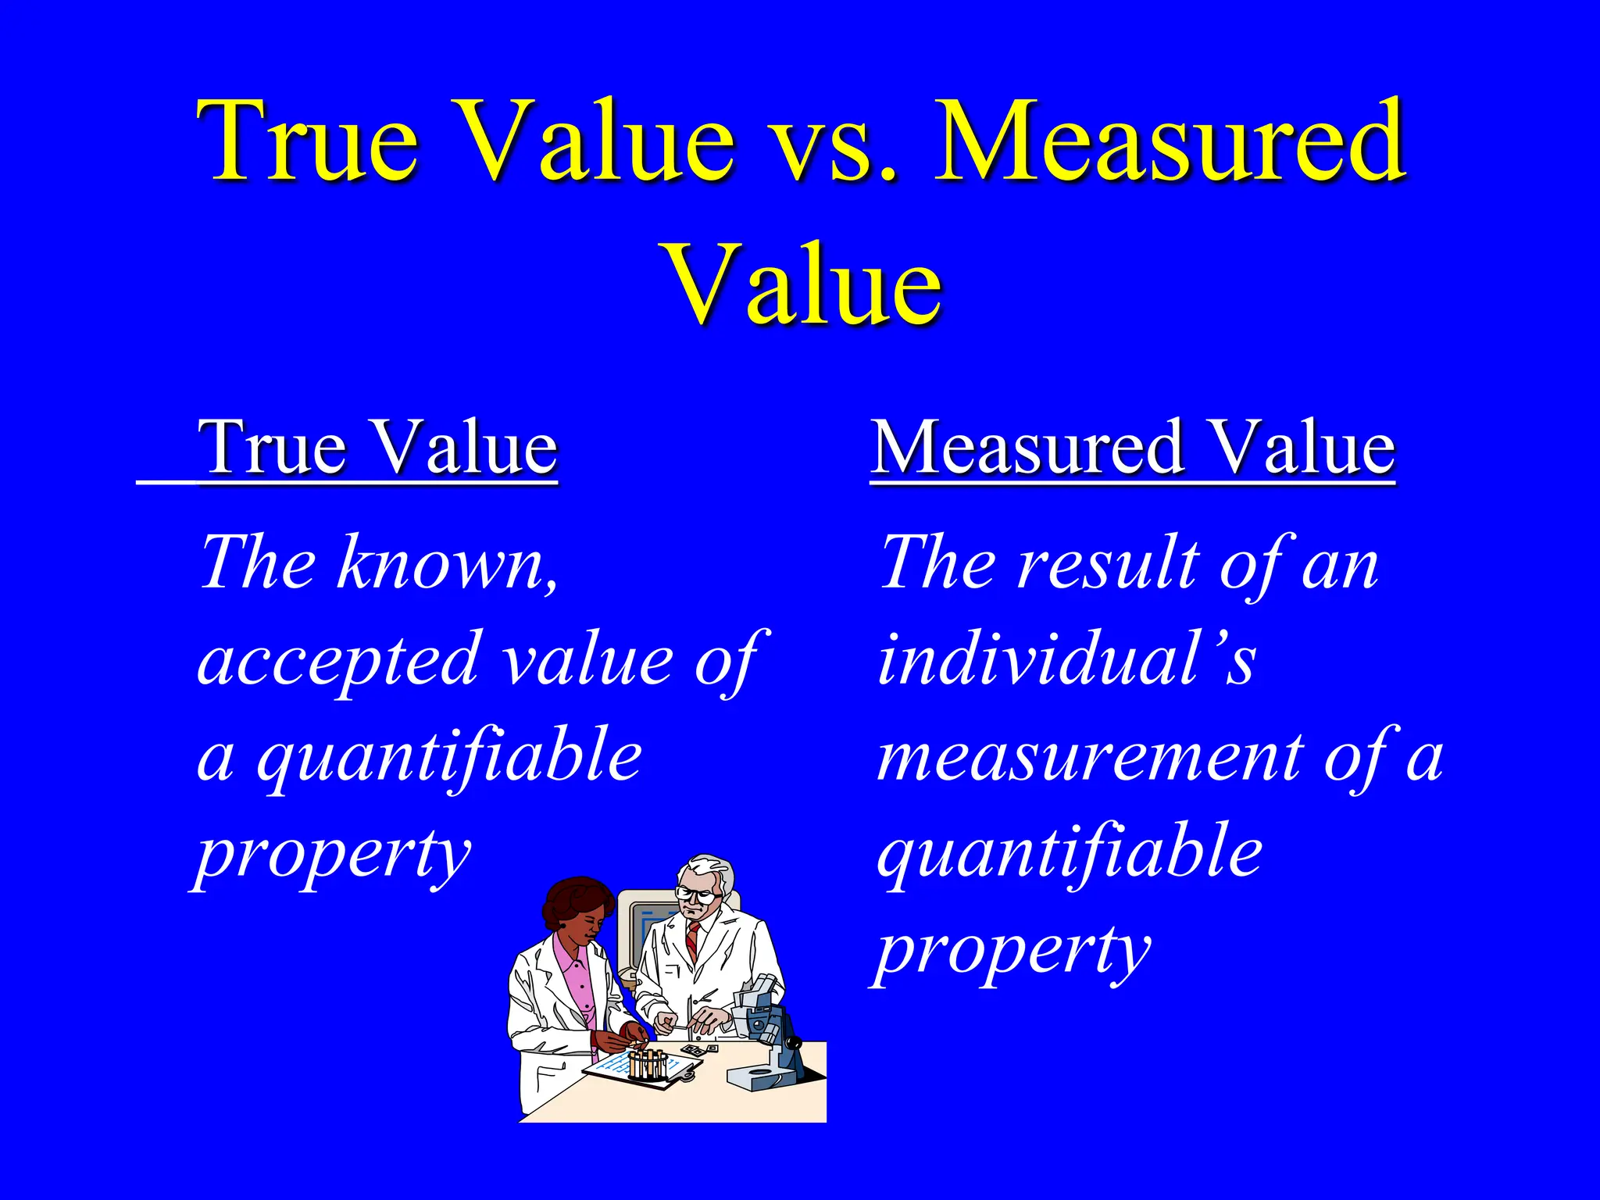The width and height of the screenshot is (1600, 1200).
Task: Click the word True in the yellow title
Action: (x=309, y=141)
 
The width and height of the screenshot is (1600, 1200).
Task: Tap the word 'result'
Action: (x=1109, y=562)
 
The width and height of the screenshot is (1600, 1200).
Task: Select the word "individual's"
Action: (x=1066, y=660)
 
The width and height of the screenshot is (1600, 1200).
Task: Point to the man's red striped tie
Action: (x=692, y=941)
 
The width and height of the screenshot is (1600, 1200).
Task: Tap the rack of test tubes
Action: (x=648, y=1062)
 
